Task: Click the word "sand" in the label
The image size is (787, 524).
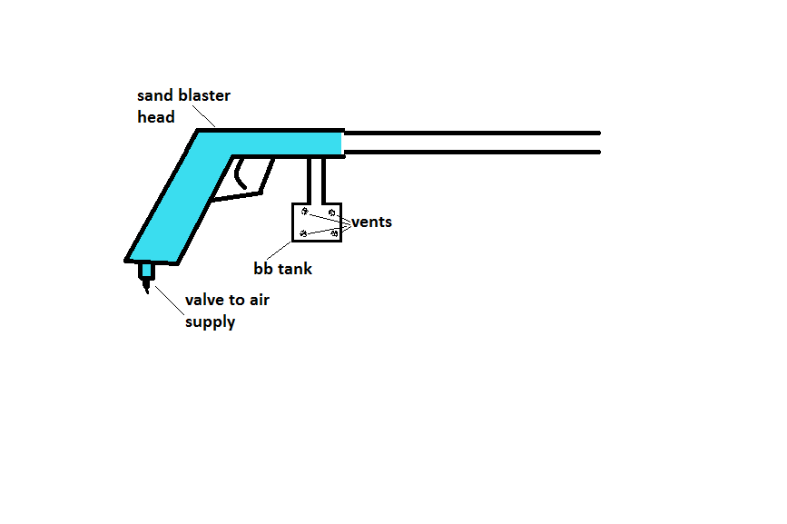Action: tap(153, 95)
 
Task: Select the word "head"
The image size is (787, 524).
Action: tap(155, 116)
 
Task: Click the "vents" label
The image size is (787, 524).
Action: tap(371, 222)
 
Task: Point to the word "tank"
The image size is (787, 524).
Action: tap(293, 269)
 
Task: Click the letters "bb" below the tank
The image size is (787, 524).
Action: tap(263, 269)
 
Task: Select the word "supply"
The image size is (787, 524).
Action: tap(210, 322)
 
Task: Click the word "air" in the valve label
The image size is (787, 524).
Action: tap(259, 301)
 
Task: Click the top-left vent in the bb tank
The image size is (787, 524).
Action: tap(305, 212)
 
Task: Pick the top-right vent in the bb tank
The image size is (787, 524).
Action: tap(332, 213)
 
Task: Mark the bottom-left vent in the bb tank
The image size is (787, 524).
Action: tap(303, 233)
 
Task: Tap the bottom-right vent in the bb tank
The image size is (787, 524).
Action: tap(334, 234)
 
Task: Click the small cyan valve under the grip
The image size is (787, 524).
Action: tap(144, 271)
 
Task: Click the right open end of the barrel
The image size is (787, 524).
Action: tap(597, 143)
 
